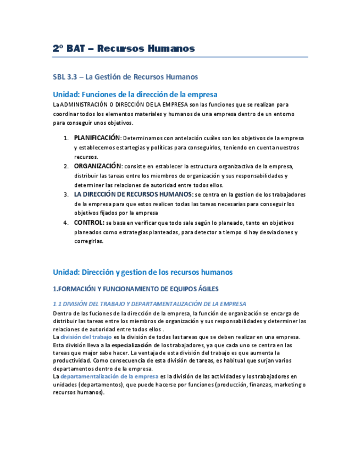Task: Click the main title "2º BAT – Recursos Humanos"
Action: click(x=124, y=48)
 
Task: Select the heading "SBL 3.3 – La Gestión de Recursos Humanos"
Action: click(x=125, y=77)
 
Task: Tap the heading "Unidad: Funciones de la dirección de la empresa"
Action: click(x=135, y=94)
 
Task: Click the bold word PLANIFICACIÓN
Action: click(x=97, y=138)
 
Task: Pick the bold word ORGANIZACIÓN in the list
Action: click(x=97, y=166)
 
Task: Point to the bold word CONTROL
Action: click(x=89, y=223)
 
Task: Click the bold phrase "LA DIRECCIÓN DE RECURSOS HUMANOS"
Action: click(x=133, y=194)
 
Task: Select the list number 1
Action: click(x=65, y=138)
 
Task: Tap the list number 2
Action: click(x=65, y=167)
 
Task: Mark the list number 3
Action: click(x=65, y=195)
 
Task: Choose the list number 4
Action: click(x=65, y=223)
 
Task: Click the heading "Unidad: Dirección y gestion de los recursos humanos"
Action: click(x=142, y=272)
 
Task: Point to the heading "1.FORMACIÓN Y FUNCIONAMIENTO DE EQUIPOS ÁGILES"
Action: click(x=135, y=289)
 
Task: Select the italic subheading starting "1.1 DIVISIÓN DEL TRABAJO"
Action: click(x=149, y=304)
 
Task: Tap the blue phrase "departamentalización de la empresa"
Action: click(x=109, y=376)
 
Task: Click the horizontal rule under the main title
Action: click(x=180, y=57)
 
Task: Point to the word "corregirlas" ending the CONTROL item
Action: click(x=88, y=241)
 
